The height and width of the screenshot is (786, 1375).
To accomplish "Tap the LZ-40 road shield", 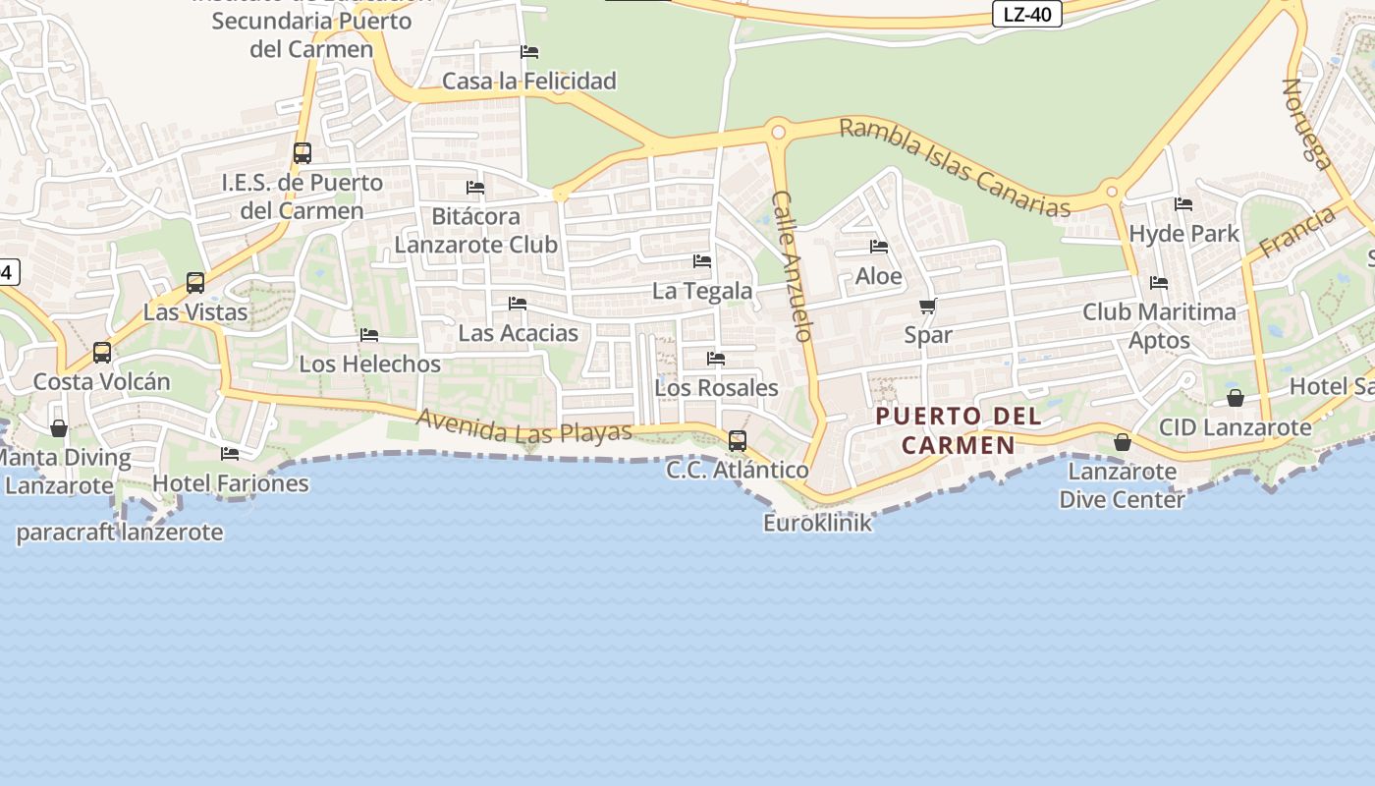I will pyautogui.click(x=1027, y=15).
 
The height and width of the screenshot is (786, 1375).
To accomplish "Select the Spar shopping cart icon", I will pyautogui.click(x=928, y=307).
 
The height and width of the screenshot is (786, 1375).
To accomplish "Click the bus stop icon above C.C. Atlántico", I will pyautogui.click(x=738, y=440).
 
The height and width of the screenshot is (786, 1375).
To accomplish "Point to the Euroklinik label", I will pyautogui.click(x=817, y=523).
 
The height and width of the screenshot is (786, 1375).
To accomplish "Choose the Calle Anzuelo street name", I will pyautogui.click(x=793, y=265).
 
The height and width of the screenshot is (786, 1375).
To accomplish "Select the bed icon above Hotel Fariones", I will pyautogui.click(x=230, y=453).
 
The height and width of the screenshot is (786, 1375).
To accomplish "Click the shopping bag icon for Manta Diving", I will pyautogui.click(x=59, y=428).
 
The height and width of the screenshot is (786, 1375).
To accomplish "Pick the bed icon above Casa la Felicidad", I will pyautogui.click(x=529, y=51).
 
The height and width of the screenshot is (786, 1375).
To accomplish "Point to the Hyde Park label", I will pyautogui.click(x=1183, y=234).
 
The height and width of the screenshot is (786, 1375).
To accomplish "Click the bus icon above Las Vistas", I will pyautogui.click(x=195, y=283).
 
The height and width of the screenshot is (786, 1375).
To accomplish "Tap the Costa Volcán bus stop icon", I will pyautogui.click(x=102, y=352).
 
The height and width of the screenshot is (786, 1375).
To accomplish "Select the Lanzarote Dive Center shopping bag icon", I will pyautogui.click(x=1122, y=443).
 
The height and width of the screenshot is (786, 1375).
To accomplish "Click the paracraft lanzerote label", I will pyautogui.click(x=120, y=533).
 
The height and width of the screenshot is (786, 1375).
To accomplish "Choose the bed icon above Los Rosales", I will pyautogui.click(x=716, y=359).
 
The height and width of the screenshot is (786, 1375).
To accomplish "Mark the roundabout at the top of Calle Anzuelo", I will pyautogui.click(x=778, y=131).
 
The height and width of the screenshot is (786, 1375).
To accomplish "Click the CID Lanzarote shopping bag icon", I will pyautogui.click(x=1236, y=398).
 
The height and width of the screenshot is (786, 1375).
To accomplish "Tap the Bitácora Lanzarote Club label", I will pyautogui.click(x=476, y=230).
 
